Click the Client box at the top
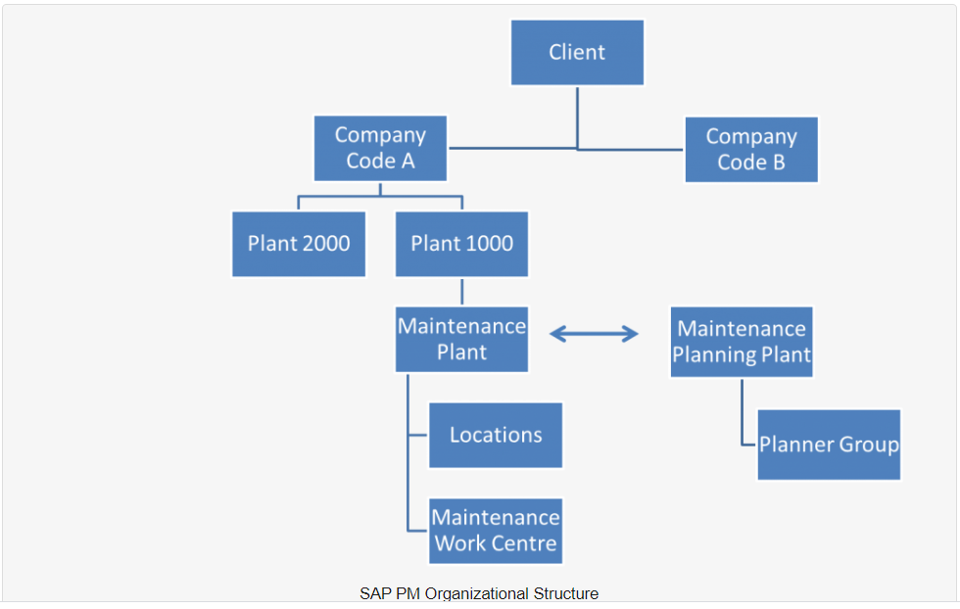pyautogui.click(x=577, y=53)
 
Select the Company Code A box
pyautogui.click(x=380, y=148)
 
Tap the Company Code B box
pyautogui.click(x=750, y=150)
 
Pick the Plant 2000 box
pyautogui.click(x=299, y=244)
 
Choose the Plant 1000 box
pyautogui.click(x=461, y=244)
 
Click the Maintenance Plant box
pyautogui.click(x=461, y=339)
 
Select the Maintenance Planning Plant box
pyautogui.click(x=742, y=342)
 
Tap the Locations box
pyautogui.click(x=496, y=435)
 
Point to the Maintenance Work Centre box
pyautogui.click(x=496, y=531)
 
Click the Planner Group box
pyautogui.click(x=829, y=445)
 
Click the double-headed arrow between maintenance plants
pyautogui.click(x=594, y=335)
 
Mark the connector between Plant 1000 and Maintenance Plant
pyautogui.click(x=461, y=291)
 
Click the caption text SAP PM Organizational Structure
pyautogui.click(x=478, y=593)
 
